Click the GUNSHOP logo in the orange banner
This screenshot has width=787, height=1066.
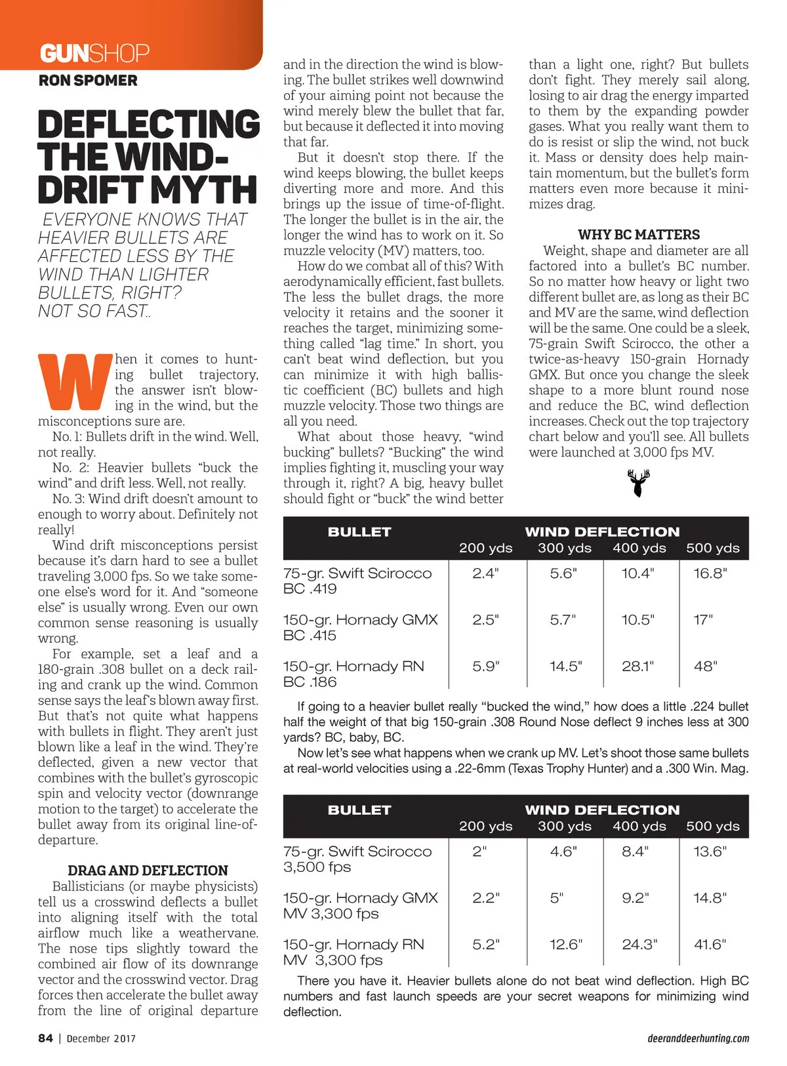pyautogui.click(x=94, y=52)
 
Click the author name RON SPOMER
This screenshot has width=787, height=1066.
pyautogui.click(x=88, y=81)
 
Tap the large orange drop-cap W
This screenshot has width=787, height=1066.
pyautogui.click(x=75, y=382)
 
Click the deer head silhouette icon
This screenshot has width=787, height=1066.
pyautogui.click(x=638, y=483)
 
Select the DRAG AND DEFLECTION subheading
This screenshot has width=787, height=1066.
pyautogui.click(x=148, y=871)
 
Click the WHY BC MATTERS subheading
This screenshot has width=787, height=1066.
pyautogui.click(x=638, y=235)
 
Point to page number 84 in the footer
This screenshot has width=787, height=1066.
pyautogui.click(x=45, y=1038)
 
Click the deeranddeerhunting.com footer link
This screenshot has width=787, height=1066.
pyautogui.click(x=698, y=1038)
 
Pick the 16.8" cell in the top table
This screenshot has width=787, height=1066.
pyautogui.click(x=710, y=573)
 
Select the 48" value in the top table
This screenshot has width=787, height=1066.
pyautogui.click(x=705, y=666)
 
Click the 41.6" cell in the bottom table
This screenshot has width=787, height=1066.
pyautogui.click(x=710, y=945)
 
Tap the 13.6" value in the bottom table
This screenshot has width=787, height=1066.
pyautogui.click(x=710, y=851)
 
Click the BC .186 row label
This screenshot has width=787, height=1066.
pyautogui.click(x=310, y=682)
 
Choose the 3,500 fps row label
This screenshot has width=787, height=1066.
pyautogui.click(x=317, y=867)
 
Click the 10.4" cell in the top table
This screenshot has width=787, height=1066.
pyautogui.click(x=637, y=573)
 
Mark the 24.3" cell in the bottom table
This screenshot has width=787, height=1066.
pyautogui.click(x=639, y=945)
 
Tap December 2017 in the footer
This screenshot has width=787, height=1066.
pyautogui.click(x=101, y=1038)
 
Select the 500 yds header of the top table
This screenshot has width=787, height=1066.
pyautogui.click(x=712, y=548)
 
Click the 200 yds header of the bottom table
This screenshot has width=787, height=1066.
pyautogui.click(x=485, y=827)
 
